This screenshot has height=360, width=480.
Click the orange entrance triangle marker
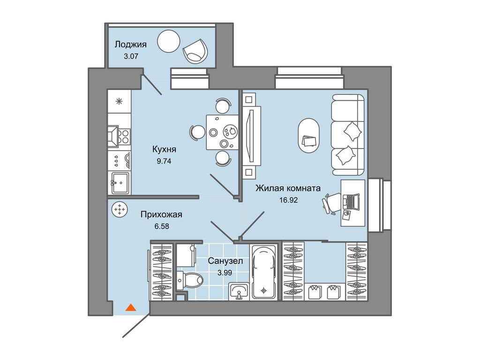pos(131,307)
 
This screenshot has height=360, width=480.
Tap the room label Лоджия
pos(130,45)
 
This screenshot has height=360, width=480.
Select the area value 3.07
pos(131,56)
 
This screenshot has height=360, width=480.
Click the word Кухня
pos(164,150)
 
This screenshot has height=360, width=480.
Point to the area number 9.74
pos(164,161)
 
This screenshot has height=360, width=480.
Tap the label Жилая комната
pos(288,188)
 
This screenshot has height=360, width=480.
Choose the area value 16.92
pos(288,200)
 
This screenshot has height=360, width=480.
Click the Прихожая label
pos(161,215)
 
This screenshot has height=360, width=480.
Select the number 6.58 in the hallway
pos(162,226)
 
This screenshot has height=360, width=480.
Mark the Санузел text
pos(225,261)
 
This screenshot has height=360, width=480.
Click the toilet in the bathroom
pos(191,279)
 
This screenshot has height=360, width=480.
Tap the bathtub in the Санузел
pos(263,272)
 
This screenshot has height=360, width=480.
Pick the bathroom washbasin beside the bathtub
pos(239,291)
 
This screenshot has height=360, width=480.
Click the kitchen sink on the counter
pos(120,183)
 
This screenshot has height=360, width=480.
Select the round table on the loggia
pos(168,41)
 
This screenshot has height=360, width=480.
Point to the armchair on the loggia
pos(195,51)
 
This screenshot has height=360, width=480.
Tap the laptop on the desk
pos(351,202)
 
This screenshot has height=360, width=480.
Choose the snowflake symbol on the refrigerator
pos(119,101)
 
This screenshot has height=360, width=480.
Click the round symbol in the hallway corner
pos(120,210)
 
